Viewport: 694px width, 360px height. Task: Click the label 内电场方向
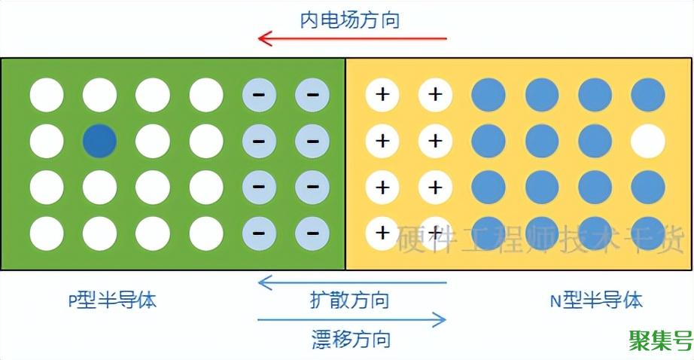click(350, 19)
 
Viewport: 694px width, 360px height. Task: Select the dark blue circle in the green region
click(99, 140)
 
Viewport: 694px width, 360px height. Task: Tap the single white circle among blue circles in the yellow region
click(648, 140)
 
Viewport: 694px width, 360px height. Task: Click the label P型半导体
click(112, 301)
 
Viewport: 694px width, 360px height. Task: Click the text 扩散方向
click(350, 300)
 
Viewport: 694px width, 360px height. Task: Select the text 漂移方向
click(351, 338)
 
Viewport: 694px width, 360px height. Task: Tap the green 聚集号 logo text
click(660, 340)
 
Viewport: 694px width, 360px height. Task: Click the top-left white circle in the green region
click(47, 95)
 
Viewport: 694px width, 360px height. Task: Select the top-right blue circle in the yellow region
click(648, 95)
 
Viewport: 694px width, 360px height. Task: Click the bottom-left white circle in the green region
click(47, 233)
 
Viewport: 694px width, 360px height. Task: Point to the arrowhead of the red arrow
click(263, 38)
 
